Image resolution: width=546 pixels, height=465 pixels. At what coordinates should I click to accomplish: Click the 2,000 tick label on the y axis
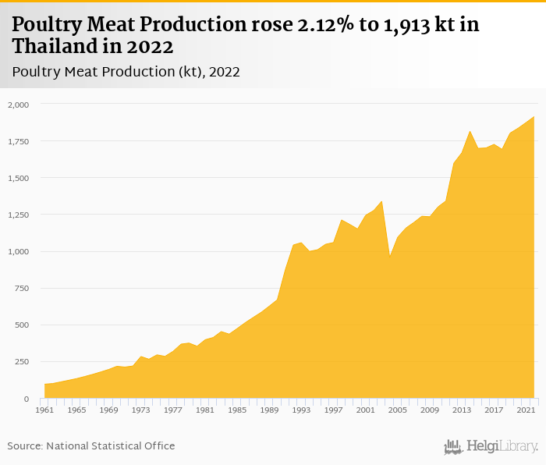coord(19,105)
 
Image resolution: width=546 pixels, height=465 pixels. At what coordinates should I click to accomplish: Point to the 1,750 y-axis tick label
coord(19,141)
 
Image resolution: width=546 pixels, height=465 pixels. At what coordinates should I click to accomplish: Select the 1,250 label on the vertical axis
coord(19,215)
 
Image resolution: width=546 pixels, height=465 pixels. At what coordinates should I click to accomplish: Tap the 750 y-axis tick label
coord(22,289)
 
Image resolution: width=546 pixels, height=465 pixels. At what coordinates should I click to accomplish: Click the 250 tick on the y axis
coord(22,362)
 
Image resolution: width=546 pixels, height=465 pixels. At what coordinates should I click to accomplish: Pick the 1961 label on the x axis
coord(44,410)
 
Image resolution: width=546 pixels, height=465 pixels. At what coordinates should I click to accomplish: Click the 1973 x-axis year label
coord(140,410)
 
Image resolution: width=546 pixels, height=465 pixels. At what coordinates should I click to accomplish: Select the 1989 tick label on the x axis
coord(268,410)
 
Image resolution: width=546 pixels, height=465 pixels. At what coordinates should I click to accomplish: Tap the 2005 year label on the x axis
coord(396,410)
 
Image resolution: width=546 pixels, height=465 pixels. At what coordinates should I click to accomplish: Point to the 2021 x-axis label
coord(524,410)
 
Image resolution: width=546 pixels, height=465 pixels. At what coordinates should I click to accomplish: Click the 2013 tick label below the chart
coord(460,410)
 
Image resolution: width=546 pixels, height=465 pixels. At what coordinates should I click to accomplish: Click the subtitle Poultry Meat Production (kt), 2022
coord(126,72)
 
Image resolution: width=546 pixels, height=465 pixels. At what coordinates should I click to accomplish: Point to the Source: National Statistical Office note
coord(91,445)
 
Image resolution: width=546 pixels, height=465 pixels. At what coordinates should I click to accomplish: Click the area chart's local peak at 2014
coord(470,131)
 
